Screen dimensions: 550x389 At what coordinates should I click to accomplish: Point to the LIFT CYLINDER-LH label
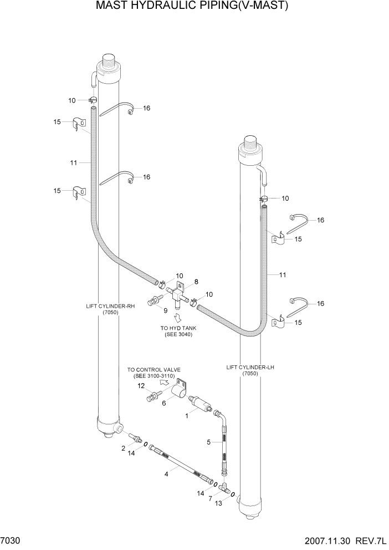point(249,367)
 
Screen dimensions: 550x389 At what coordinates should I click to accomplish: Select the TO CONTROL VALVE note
point(153,373)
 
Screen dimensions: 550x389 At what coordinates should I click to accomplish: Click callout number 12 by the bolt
point(141,385)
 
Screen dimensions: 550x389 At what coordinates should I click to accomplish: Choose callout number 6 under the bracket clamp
point(164,404)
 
